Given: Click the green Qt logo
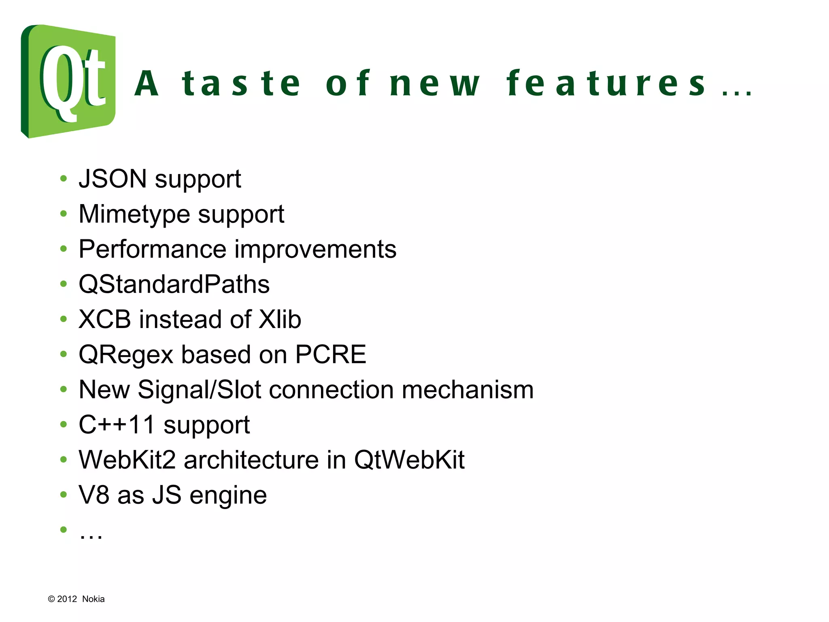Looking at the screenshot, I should pyautogui.click(x=68, y=81).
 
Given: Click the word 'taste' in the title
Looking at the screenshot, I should pyautogui.click(x=241, y=83).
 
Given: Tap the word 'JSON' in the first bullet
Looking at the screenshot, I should pyautogui.click(x=113, y=179).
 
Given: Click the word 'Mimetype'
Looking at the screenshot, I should pyautogui.click(x=134, y=214).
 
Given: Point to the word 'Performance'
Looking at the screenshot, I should pyautogui.click(x=152, y=249).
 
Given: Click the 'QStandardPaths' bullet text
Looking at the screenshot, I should pyautogui.click(x=174, y=284).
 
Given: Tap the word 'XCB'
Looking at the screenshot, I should pyautogui.click(x=105, y=319).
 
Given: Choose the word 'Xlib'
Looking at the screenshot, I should pyautogui.click(x=280, y=319).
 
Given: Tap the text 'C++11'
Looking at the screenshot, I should pyautogui.click(x=117, y=424).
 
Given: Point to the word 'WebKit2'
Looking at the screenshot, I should pyautogui.click(x=127, y=460).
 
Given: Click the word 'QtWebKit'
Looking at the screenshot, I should pyautogui.click(x=409, y=460).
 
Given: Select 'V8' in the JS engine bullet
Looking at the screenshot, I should pyautogui.click(x=94, y=495).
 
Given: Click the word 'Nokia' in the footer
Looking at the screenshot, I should pyautogui.click(x=93, y=599).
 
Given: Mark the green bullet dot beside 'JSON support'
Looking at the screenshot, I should pyautogui.click(x=63, y=179).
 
